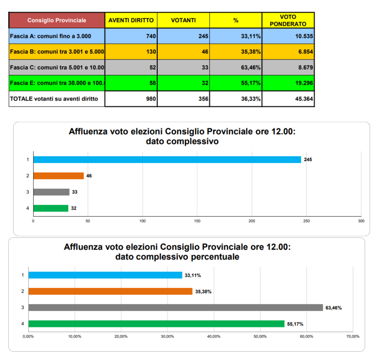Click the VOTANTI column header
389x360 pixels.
tap(184, 20)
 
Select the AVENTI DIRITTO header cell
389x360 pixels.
tap(131, 20)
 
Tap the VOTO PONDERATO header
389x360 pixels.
tap(288, 20)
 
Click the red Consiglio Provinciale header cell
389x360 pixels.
tap(57, 20)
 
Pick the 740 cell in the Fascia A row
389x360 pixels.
tap(131, 36)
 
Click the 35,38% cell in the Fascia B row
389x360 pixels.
tap(236, 52)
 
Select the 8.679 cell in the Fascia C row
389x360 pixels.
tap(288, 67)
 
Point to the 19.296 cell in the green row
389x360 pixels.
tap(288, 83)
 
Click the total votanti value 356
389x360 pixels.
tap(184, 99)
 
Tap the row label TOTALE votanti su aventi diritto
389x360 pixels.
tap(54, 99)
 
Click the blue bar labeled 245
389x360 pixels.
tap(167, 160)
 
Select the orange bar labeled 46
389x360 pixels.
tap(58, 176)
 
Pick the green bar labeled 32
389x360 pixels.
tap(51, 208)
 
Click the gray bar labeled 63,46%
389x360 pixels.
tap(176, 307)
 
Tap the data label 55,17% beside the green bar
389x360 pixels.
tap(295, 324)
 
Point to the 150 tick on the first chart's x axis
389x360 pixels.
tap(197, 221)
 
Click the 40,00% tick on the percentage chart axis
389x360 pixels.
tap(214, 337)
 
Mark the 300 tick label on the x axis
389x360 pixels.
tap(361, 221)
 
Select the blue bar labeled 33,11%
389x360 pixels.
tap(106, 275)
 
